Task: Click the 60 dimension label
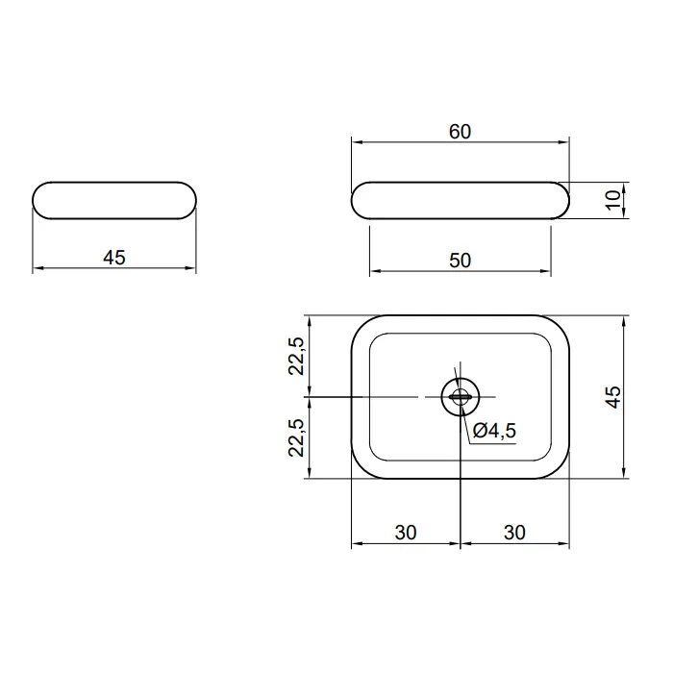pyautogui.click(x=460, y=132)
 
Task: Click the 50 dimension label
pyautogui.click(x=460, y=261)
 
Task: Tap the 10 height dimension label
pyautogui.click(x=613, y=200)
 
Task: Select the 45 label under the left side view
pyautogui.click(x=114, y=258)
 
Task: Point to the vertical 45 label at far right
pyautogui.click(x=613, y=397)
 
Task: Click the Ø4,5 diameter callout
pyautogui.click(x=494, y=431)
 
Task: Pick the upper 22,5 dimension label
pyautogui.click(x=296, y=357)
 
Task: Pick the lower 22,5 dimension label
pyautogui.click(x=296, y=437)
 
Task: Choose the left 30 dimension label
pyautogui.click(x=406, y=533)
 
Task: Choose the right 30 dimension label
pyautogui.click(x=514, y=533)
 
